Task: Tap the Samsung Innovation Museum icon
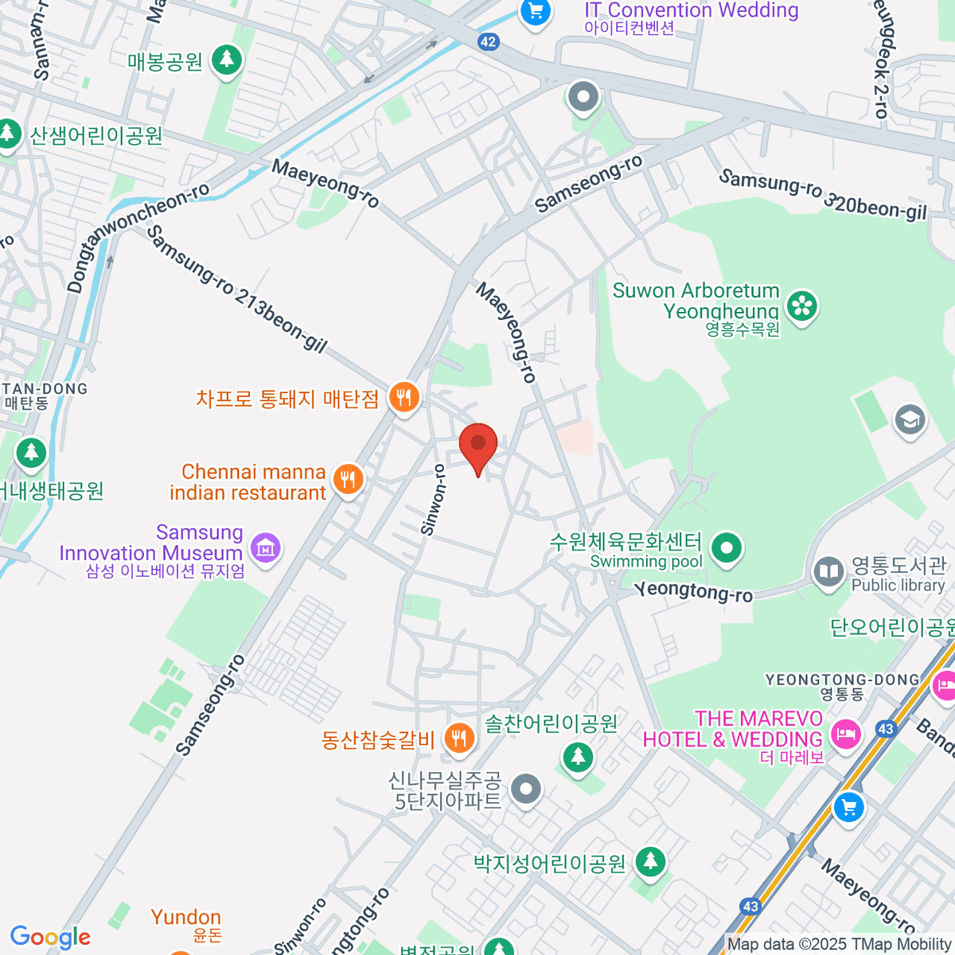click(x=266, y=547)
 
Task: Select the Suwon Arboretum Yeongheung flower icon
click(x=802, y=306)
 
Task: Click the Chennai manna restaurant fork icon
click(x=348, y=480)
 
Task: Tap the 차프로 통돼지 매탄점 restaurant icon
click(x=404, y=397)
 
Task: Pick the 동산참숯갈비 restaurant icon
click(x=458, y=739)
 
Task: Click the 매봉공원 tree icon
click(x=227, y=60)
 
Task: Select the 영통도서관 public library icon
click(x=828, y=571)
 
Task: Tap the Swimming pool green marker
click(x=726, y=548)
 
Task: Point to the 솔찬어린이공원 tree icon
click(x=579, y=755)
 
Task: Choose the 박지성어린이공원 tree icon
click(x=651, y=862)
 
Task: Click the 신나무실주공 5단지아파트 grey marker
click(x=525, y=789)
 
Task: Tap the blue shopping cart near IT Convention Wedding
click(x=535, y=11)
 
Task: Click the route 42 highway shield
click(x=489, y=42)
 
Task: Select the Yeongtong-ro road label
click(x=693, y=592)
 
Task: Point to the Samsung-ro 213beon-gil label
click(x=236, y=288)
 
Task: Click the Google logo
click(x=50, y=937)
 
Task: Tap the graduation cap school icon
click(x=910, y=419)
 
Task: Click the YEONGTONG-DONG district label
click(x=842, y=680)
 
